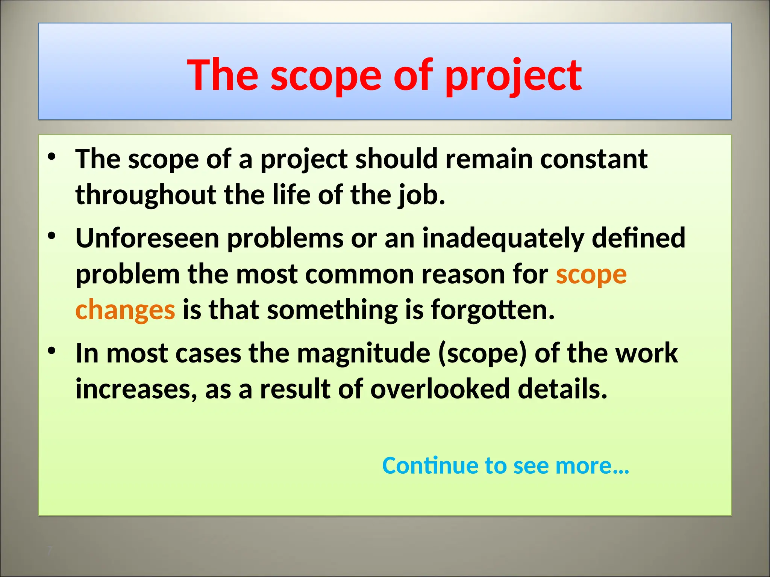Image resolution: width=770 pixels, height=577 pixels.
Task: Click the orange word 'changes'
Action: tap(125, 310)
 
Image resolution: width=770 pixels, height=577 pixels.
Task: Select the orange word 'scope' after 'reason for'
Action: tap(591, 275)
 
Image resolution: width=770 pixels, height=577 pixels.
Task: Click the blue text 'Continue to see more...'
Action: tap(506, 465)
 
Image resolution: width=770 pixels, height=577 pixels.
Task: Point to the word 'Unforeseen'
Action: tap(147, 238)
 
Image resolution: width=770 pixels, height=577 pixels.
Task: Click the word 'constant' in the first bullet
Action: tap(594, 159)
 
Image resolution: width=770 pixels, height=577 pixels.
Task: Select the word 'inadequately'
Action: tap(503, 238)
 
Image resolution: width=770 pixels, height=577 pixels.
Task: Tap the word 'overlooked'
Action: tap(440, 389)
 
